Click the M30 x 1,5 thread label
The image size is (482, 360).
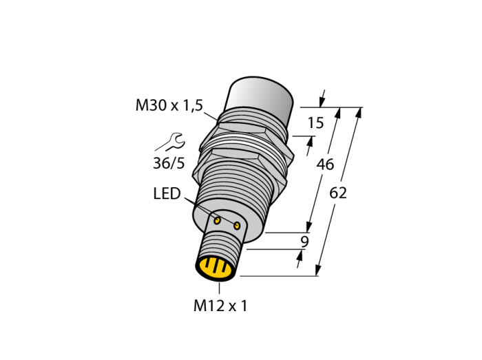pos(169,105)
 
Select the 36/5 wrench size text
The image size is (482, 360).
pos(169,163)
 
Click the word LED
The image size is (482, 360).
pos(167,193)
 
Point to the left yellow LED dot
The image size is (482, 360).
pos(218,220)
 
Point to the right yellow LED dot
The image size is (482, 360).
pos(237,226)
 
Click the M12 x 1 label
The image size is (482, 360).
pos(220,306)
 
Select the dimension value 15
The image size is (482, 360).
pos(315,123)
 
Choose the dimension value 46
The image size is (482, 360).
pos(325,165)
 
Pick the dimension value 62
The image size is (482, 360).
pos(338,193)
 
